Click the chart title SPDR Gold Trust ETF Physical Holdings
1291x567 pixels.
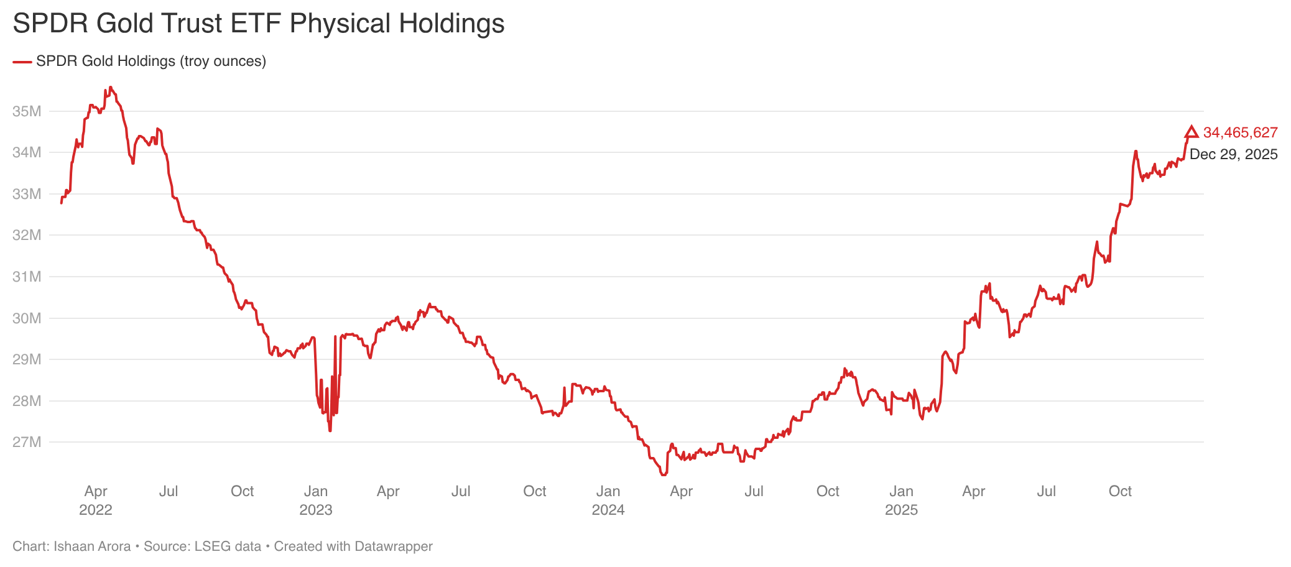(x=258, y=24)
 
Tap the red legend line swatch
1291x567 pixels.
(x=22, y=62)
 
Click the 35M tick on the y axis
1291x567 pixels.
(x=27, y=111)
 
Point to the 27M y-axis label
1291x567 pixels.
(x=27, y=442)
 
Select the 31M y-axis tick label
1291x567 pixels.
(x=27, y=277)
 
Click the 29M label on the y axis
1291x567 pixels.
(x=27, y=359)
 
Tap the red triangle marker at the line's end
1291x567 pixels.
(x=1191, y=132)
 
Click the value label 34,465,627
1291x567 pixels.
(x=1240, y=132)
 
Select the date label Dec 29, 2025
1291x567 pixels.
(x=1233, y=154)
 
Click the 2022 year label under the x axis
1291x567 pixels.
(x=96, y=510)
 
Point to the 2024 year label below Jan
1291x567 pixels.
(x=608, y=510)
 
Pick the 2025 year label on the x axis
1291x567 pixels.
(x=901, y=510)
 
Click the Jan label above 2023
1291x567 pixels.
(x=315, y=491)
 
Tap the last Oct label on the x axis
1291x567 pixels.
(x=1120, y=491)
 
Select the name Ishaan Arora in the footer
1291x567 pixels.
(x=92, y=546)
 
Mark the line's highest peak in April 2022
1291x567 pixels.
(x=110, y=87)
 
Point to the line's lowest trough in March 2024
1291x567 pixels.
(x=663, y=475)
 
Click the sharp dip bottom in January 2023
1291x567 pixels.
(x=330, y=431)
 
